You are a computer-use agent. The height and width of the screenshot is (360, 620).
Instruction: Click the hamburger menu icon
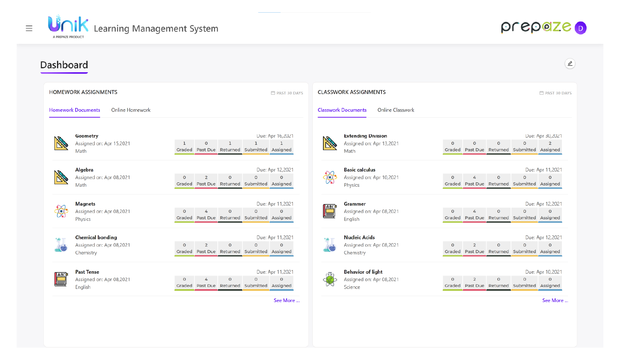pyautogui.click(x=29, y=28)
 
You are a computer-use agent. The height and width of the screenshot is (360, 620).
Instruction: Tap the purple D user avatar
pyautogui.click(x=580, y=28)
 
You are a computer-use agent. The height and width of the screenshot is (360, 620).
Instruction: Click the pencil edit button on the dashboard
pyautogui.click(x=570, y=64)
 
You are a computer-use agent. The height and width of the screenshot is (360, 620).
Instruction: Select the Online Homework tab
pyautogui.click(x=131, y=110)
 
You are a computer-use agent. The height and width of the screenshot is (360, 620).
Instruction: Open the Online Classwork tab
pyautogui.click(x=396, y=110)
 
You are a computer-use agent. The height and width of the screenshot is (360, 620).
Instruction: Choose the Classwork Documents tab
pyautogui.click(x=342, y=110)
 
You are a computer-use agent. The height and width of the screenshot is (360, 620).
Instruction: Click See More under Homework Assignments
pyautogui.click(x=286, y=300)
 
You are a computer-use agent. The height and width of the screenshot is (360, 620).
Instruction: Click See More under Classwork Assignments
pyautogui.click(x=555, y=300)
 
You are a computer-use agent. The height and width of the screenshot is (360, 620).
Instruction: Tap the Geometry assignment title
pyautogui.click(x=87, y=136)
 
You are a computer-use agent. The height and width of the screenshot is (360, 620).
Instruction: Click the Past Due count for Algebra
pyautogui.click(x=206, y=181)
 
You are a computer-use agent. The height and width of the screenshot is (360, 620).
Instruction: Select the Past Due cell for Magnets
pyautogui.click(x=206, y=214)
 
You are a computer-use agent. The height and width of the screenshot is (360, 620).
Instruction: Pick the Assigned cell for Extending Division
pyautogui.click(x=550, y=147)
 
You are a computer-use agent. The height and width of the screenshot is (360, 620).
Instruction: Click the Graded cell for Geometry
pyautogui.click(x=184, y=147)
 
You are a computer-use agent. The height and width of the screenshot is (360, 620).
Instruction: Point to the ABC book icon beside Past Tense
pyautogui.click(x=61, y=279)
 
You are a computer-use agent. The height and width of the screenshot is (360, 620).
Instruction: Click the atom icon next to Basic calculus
pyautogui.click(x=330, y=177)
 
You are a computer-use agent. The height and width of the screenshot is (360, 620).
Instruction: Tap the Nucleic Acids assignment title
pyautogui.click(x=359, y=238)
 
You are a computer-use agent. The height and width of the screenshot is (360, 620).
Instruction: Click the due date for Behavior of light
pyautogui.click(x=543, y=272)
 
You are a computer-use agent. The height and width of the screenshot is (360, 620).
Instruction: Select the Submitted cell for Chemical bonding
pyautogui.click(x=256, y=248)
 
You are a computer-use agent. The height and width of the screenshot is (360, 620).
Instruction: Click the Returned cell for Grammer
pyautogui.click(x=498, y=214)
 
